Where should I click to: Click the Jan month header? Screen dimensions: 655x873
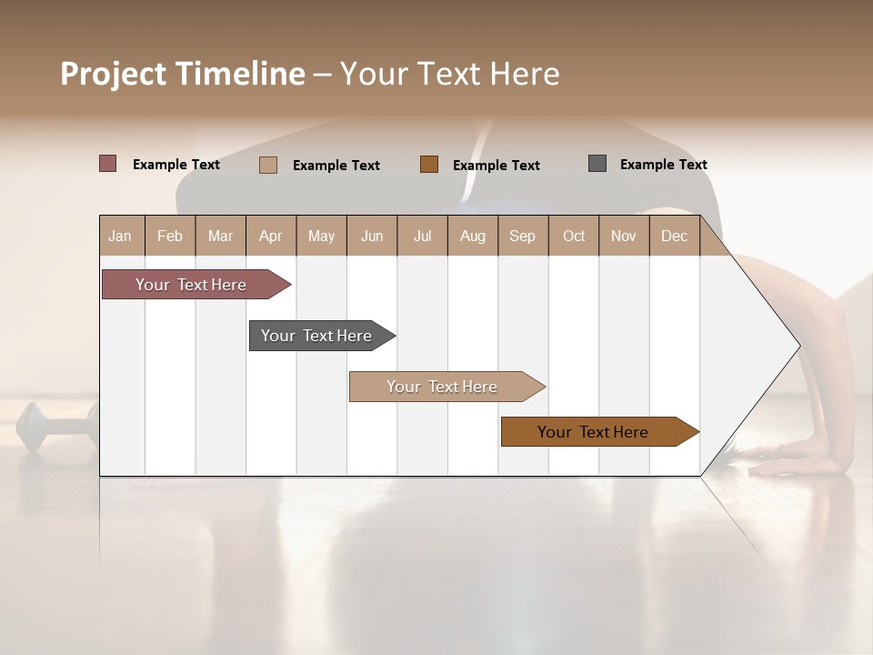(120, 236)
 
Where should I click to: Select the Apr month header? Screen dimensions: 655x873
(270, 236)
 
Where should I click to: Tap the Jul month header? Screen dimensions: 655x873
(422, 236)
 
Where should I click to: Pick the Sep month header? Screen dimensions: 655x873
(522, 236)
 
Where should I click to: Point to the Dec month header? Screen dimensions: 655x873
(674, 236)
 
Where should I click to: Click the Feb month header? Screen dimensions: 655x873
(170, 236)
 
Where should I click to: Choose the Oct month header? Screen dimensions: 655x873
(574, 236)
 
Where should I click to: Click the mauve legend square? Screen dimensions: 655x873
(108, 164)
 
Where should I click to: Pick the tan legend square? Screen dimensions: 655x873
(268, 165)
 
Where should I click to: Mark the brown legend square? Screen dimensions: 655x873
(429, 164)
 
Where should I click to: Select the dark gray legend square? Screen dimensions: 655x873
(597, 164)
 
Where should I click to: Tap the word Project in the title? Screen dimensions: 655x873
(113, 74)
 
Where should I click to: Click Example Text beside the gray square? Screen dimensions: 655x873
(663, 165)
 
